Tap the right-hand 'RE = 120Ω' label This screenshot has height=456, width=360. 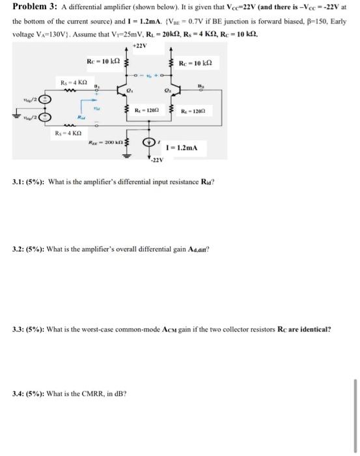(x=193, y=111)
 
